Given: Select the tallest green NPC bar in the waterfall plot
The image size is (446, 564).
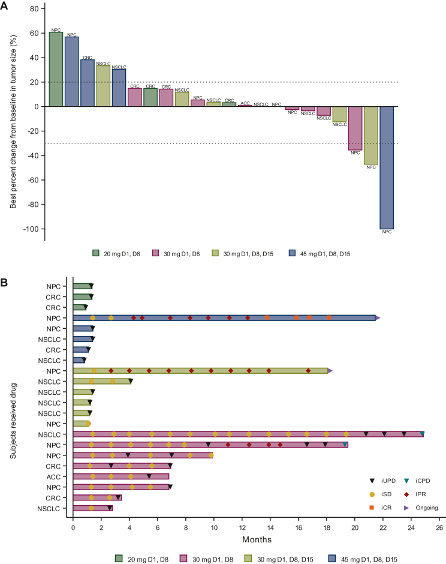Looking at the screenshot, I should (56, 69).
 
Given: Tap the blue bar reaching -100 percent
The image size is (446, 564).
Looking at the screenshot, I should (387, 167).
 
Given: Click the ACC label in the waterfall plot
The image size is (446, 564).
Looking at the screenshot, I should (245, 103).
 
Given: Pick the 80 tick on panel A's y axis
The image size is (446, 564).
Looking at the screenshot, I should (36, 10).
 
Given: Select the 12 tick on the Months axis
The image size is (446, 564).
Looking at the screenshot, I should (242, 527).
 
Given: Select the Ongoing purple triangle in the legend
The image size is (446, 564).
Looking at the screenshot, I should (405, 508).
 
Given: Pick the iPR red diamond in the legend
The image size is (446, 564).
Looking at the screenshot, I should (405, 494).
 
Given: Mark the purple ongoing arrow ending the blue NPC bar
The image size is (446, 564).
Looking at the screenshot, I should (378, 318).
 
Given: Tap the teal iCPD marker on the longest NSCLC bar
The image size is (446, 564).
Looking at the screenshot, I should (423, 434).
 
